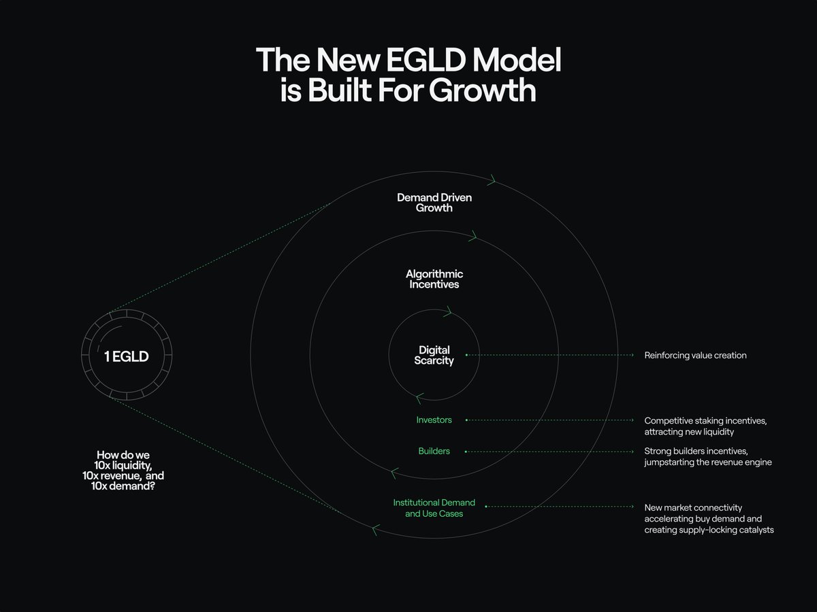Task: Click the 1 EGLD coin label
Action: click(x=126, y=356)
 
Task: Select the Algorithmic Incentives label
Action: click(x=434, y=279)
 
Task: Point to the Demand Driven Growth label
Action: click(x=434, y=203)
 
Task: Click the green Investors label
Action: click(x=434, y=420)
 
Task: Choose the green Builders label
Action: click(x=434, y=451)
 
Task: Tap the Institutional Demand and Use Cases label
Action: click(x=434, y=508)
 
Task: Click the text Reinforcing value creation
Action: click(x=695, y=355)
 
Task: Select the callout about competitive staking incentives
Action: click(x=705, y=426)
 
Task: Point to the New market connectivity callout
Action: click(x=709, y=518)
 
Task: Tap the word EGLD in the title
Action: click(x=419, y=61)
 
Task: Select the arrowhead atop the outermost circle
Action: click(x=492, y=181)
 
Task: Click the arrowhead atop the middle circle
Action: click(x=472, y=237)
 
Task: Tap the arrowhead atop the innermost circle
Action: click(x=447, y=312)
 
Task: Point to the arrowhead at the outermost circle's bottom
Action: click(x=376, y=529)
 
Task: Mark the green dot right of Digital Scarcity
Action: click(x=466, y=355)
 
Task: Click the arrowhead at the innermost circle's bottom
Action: click(x=419, y=398)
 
